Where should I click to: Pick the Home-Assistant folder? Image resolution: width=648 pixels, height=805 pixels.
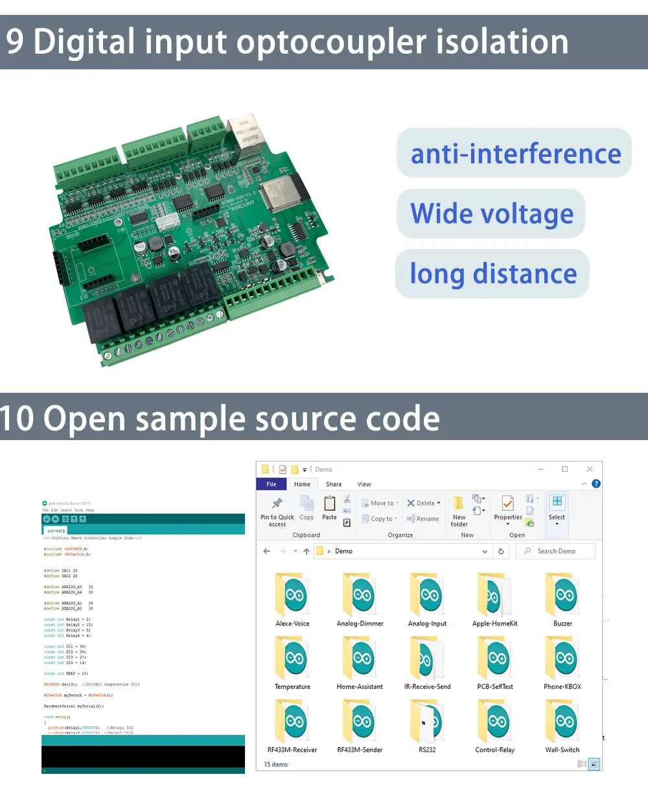360,659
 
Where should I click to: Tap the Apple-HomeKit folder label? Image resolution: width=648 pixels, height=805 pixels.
495,624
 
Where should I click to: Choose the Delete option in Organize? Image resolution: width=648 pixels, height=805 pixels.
424,503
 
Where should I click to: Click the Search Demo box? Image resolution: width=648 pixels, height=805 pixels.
556,551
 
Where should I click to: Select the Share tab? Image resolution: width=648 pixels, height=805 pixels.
334,484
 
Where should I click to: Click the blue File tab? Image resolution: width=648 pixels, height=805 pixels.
272,484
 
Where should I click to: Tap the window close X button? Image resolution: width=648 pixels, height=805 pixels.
589,469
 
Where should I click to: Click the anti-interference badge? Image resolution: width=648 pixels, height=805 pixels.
515,154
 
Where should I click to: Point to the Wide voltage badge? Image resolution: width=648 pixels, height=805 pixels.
492,214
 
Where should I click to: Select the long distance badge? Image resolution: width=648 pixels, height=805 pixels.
493,274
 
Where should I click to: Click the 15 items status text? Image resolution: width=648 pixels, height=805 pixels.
276,765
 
